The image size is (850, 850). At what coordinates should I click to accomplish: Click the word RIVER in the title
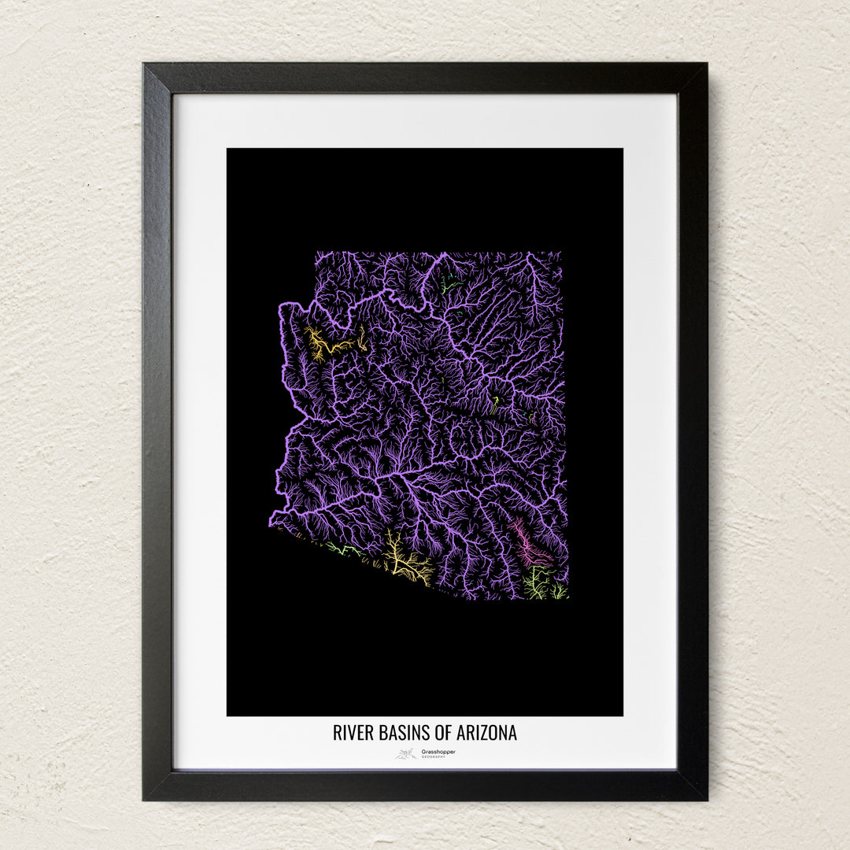pyautogui.click(x=352, y=733)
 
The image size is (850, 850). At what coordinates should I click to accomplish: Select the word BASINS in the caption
pyautogui.click(x=400, y=733)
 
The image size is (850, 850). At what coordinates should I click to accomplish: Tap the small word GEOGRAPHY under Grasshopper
pyautogui.click(x=433, y=757)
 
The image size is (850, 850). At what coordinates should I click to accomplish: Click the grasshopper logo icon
pyautogui.click(x=406, y=754)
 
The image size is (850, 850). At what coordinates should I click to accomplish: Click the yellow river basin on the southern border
pyautogui.click(x=406, y=563)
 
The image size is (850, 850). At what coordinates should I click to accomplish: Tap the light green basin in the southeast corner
pyautogui.click(x=538, y=584)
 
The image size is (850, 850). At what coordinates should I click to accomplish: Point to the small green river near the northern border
pyautogui.click(x=446, y=288)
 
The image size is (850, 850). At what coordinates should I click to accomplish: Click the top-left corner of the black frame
pyautogui.click(x=145, y=65)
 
